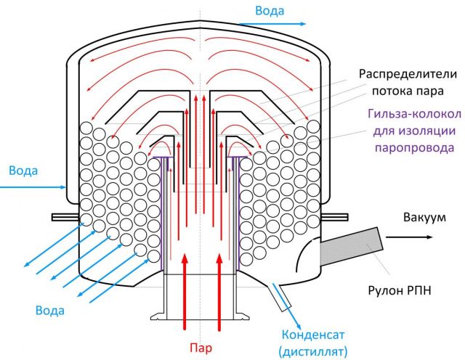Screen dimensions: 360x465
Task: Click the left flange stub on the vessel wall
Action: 65,216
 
